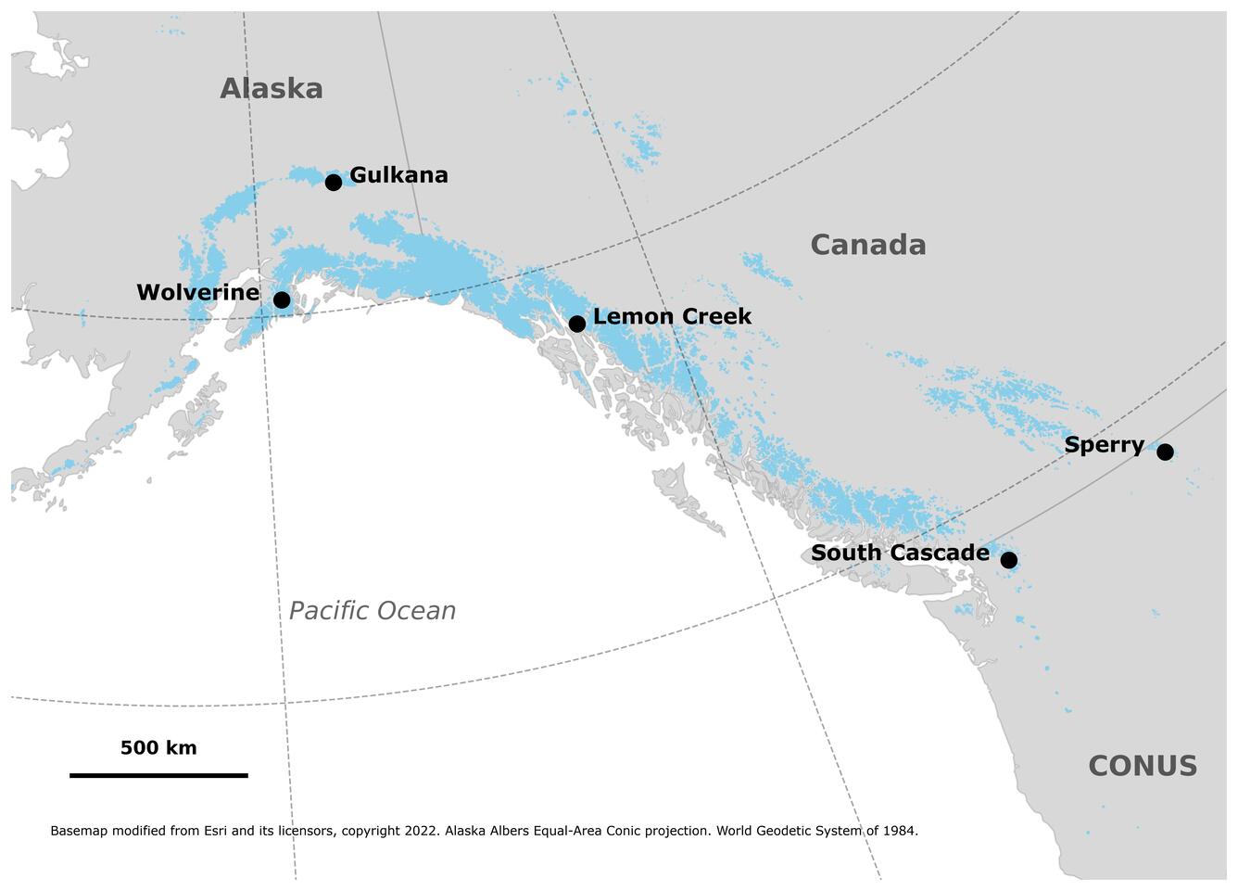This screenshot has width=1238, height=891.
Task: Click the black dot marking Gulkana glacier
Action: pyautogui.click(x=334, y=183)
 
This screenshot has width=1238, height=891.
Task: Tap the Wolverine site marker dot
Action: pyautogui.click(x=282, y=300)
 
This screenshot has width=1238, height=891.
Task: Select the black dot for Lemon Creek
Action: pyautogui.click(x=576, y=324)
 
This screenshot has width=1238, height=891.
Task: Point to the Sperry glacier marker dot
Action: pyautogui.click(x=1165, y=452)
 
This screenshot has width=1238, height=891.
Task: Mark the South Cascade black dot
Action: pyautogui.click(x=1008, y=560)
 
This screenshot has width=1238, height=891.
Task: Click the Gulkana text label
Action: pyautogui.click(x=398, y=175)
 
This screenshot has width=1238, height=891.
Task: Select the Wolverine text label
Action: pyautogui.click(x=197, y=293)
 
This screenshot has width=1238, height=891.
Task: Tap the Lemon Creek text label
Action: pyautogui.click(x=672, y=316)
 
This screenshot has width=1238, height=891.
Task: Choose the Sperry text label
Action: pyautogui.click(x=1104, y=445)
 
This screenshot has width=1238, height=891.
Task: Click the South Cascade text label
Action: pyautogui.click(x=900, y=554)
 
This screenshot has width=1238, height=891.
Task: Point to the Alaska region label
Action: pyautogui.click(x=272, y=89)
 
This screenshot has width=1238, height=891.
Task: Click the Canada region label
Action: pyautogui.click(x=867, y=245)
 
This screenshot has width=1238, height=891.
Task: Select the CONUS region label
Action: pyautogui.click(x=1142, y=766)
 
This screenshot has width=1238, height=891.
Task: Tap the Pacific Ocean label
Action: pyautogui.click(x=372, y=611)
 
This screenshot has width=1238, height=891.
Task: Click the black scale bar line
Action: pyautogui.click(x=158, y=775)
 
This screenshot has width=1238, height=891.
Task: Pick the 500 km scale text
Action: pyautogui.click(x=158, y=748)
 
